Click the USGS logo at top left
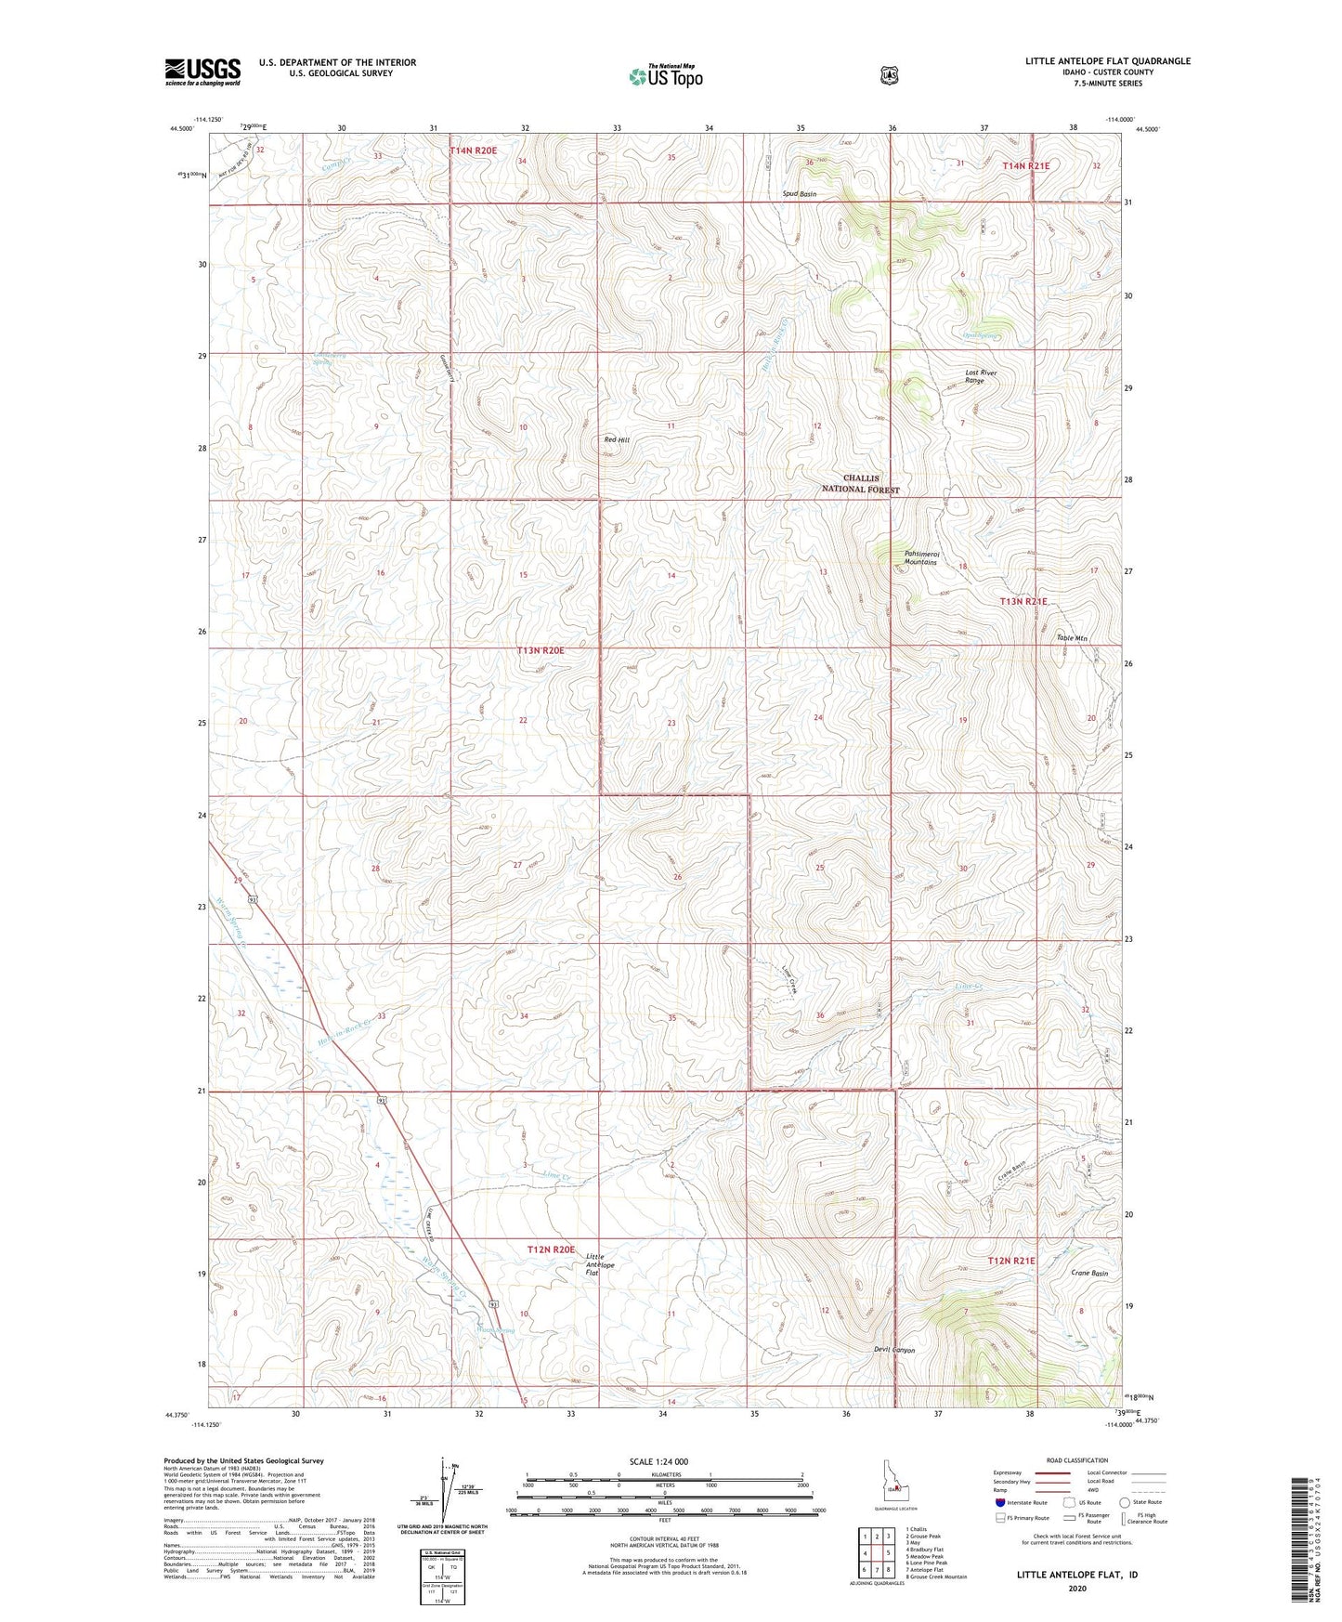(x=202, y=72)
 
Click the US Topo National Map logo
(x=664, y=75)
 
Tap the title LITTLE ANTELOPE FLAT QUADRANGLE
(x=1107, y=61)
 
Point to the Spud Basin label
(x=799, y=194)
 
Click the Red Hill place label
(x=617, y=440)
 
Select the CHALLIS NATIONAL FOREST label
(x=860, y=484)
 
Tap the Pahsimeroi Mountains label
(x=920, y=558)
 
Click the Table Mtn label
(x=1071, y=638)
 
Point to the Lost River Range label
(x=980, y=376)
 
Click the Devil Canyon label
(x=894, y=1350)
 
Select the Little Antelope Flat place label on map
(x=600, y=1264)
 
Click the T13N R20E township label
(x=541, y=651)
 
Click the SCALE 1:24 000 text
(x=658, y=1461)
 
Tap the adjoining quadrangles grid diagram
(x=876, y=1557)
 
